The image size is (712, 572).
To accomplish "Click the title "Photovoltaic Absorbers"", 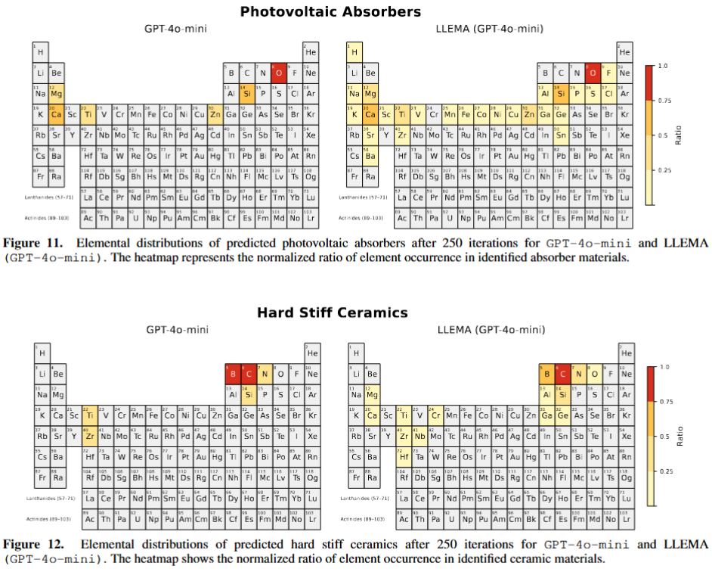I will click(330, 12).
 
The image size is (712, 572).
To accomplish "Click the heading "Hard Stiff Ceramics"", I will click(332, 312).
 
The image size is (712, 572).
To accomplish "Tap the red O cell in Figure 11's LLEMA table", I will click(591, 73).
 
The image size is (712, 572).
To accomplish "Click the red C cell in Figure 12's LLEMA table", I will click(561, 373).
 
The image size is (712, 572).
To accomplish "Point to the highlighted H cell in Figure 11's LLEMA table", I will click(354, 52).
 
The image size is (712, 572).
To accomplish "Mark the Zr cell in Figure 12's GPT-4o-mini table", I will click(88, 435).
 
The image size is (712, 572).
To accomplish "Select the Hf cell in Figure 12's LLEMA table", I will click(404, 456).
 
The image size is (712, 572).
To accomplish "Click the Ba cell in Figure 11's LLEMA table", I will click(370, 156).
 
